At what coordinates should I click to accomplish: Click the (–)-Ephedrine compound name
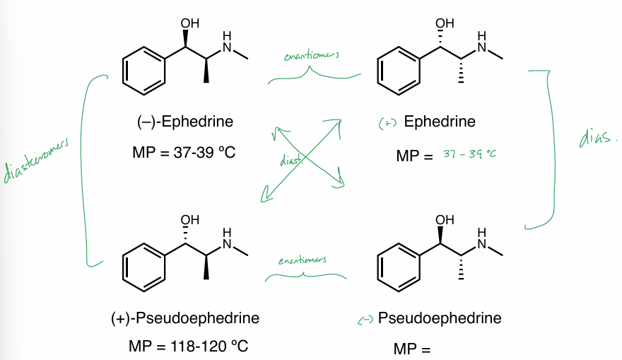(185, 122)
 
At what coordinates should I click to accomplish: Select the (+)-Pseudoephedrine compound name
(185, 318)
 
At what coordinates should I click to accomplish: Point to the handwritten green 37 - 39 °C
(470, 153)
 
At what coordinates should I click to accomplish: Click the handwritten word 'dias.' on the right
(596, 138)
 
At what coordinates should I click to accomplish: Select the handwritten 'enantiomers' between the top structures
(310, 56)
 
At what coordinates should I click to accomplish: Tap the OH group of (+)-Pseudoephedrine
(189, 220)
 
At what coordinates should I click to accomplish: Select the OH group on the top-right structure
(444, 24)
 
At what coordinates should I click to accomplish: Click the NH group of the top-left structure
(227, 42)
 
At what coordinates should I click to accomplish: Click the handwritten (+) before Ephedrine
(388, 123)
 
